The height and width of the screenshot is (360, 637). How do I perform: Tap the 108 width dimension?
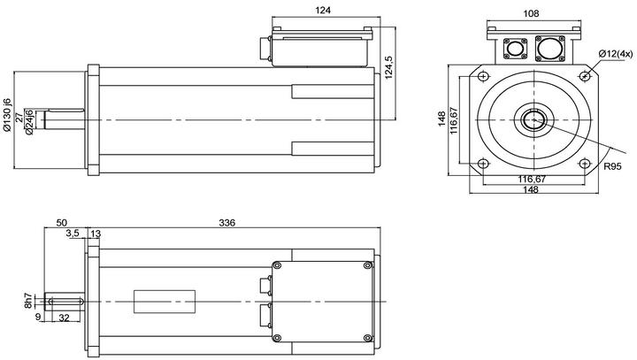[x=531, y=14]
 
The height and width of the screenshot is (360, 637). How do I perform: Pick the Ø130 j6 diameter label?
[x=8, y=115]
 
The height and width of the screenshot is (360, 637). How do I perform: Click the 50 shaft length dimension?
[x=62, y=224]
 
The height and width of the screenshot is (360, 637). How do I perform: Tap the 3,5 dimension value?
[x=73, y=234]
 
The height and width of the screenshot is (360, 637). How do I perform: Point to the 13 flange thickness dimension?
[x=96, y=234]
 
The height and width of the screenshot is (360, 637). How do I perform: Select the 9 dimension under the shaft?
[x=38, y=317]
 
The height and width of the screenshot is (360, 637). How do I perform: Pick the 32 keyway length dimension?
[x=64, y=317]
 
